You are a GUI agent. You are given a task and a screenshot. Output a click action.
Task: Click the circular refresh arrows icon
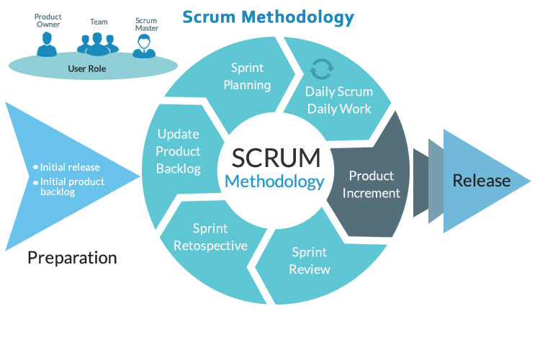click(320, 69)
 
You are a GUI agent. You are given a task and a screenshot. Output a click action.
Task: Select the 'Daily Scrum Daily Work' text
click(338, 100)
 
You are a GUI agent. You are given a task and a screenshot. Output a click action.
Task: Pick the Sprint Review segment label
click(310, 261)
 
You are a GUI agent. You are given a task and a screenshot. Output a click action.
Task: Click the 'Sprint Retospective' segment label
click(210, 237)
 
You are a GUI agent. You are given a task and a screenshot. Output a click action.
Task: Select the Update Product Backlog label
click(178, 151)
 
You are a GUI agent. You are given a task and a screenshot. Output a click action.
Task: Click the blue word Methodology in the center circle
click(274, 181)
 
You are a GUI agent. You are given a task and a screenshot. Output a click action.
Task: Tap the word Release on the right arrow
click(481, 180)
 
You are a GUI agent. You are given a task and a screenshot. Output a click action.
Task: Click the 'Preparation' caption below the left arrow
click(72, 257)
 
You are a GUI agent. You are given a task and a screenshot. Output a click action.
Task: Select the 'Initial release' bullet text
click(70, 166)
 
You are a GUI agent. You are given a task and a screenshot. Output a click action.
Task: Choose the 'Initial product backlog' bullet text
click(73, 186)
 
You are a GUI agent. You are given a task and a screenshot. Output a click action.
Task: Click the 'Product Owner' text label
click(48, 19)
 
